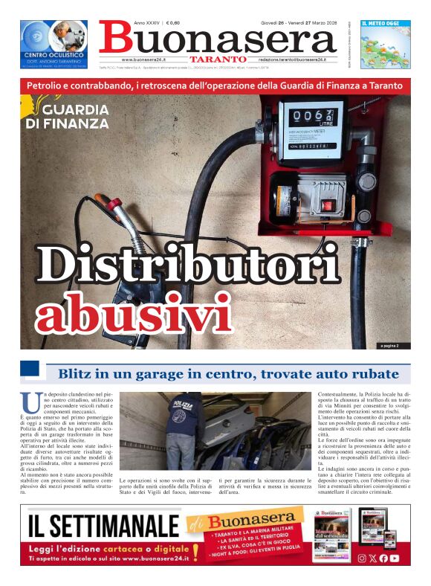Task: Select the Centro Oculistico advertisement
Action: click(54, 45)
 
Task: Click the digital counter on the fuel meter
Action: click(310, 117)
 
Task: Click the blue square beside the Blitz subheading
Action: click(30, 369)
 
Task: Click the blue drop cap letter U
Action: click(30, 402)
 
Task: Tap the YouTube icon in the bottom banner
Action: click(395, 558)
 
